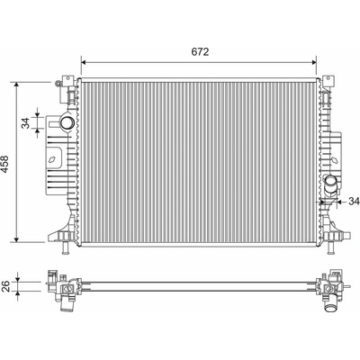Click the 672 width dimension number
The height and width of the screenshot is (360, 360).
(x=200, y=52)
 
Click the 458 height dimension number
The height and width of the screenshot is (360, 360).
(x=6, y=164)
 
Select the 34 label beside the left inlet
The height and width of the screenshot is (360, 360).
(x=26, y=123)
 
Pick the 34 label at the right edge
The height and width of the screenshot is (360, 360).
(x=354, y=202)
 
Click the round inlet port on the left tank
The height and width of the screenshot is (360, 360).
(x=67, y=122)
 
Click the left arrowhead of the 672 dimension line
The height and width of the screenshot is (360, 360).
(x=84, y=62)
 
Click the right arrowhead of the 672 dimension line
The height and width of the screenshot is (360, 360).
(x=314, y=62)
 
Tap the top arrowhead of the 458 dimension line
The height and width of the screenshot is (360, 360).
(x=17, y=85)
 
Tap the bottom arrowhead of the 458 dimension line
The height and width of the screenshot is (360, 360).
(x=17, y=238)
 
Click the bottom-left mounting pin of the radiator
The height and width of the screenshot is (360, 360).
(x=66, y=247)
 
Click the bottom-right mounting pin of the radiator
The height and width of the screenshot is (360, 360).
(x=330, y=247)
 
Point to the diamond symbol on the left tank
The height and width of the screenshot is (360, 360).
(x=53, y=160)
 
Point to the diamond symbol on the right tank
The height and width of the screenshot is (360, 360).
(x=335, y=160)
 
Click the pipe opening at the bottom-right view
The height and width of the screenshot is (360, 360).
(x=330, y=308)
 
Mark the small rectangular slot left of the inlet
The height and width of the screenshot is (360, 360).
(x=54, y=123)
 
